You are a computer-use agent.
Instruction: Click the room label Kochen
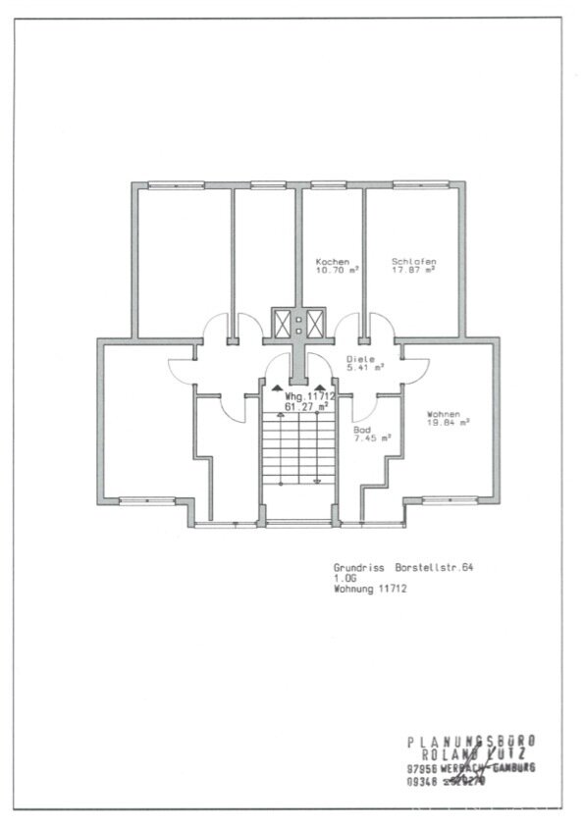tap(332, 262)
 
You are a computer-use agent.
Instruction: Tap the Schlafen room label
tap(413, 262)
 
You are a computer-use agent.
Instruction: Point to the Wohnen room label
tap(444, 414)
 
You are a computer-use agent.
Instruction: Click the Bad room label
tap(361, 430)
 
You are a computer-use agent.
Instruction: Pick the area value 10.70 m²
tap(338, 270)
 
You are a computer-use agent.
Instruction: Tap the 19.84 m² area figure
tap(449, 422)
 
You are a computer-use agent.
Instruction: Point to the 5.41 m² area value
tap(365, 368)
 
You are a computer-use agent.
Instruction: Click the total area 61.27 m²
tap(310, 404)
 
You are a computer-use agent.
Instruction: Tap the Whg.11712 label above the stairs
tap(310, 395)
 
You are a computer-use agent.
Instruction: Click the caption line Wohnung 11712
tap(370, 589)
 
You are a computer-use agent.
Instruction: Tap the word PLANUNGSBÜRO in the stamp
tap(471, 742)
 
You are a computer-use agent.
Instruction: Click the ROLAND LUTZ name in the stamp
tap(472, 753)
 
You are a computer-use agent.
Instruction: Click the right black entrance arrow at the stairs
tap(322, 386)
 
